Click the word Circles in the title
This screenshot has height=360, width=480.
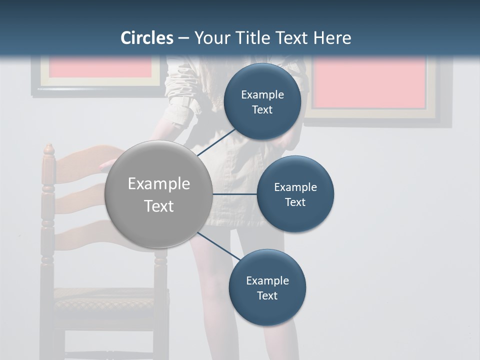pos(147,38)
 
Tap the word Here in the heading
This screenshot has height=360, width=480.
pos(332,38)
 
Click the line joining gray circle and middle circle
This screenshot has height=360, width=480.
pos(234,194)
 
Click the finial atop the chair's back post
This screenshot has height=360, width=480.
pos(48,149)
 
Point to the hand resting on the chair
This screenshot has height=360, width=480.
pos(106,165)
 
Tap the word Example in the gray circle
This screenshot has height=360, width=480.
pos(158,184)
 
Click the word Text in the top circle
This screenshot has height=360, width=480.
pos(262,110)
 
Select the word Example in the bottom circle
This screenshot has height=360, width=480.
pos(267,280)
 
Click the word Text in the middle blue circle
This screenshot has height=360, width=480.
pos(295,202)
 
